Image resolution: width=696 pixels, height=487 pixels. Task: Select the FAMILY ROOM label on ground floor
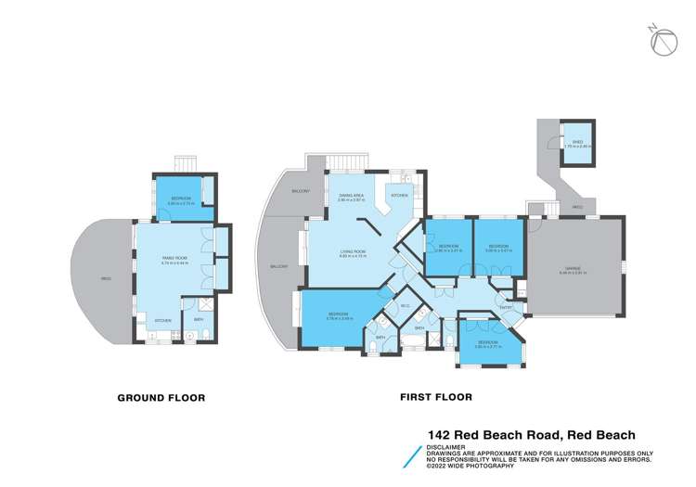[172, 260]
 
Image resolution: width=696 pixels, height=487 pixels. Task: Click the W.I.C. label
[406, 303]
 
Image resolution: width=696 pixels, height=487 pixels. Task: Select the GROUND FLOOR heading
[161, 398]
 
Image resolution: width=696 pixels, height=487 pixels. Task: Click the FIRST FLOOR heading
[435, 398]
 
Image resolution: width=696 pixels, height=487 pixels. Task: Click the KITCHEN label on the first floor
[399, 196]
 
